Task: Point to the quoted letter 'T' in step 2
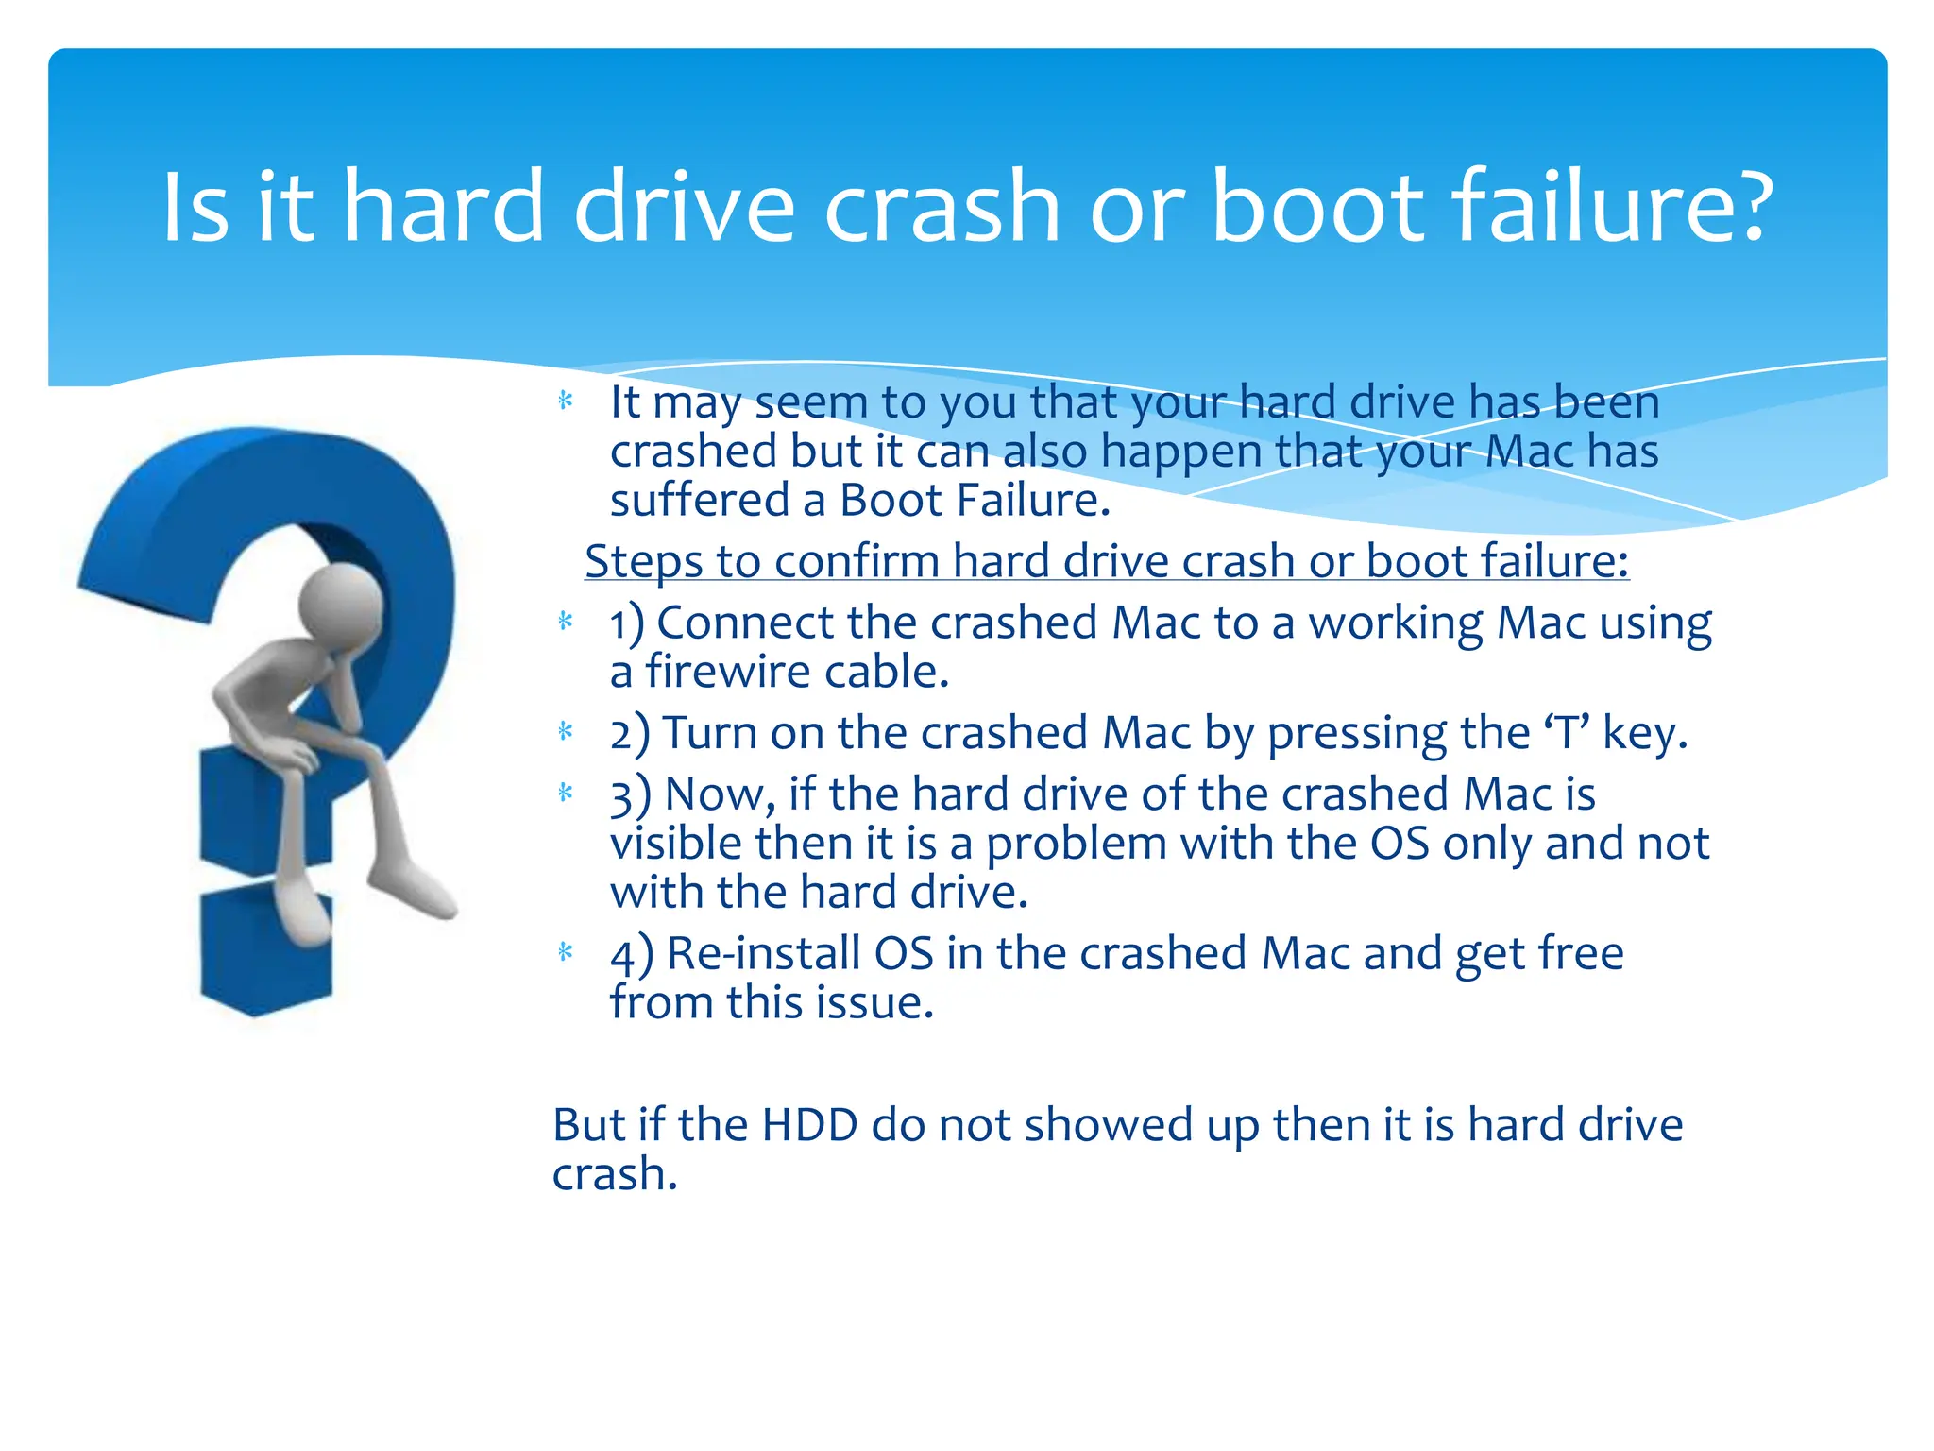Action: (1567, 733)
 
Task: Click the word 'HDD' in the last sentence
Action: (809, 1125)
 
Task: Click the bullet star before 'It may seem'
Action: (566, 401)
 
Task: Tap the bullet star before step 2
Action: (566, 731)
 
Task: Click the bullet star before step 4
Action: (566, 952)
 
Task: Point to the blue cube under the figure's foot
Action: (266, 954)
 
